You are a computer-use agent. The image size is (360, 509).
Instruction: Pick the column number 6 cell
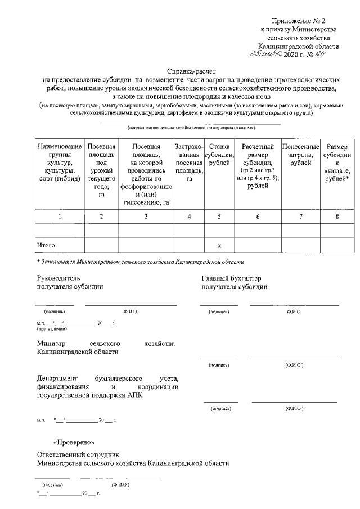click(x=258, y=216)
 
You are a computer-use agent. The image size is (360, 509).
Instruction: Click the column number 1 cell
click(x=60, y=216)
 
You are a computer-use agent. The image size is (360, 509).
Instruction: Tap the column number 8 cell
click(x=337, y=216)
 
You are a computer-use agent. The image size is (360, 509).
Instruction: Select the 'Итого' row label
click(x=46, y=245)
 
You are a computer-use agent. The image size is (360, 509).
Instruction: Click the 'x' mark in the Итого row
click(x=219, y=246)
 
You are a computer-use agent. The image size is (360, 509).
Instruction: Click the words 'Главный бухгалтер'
click(x=231, y=278)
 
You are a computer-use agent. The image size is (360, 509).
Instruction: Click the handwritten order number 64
click(x=319, y=55)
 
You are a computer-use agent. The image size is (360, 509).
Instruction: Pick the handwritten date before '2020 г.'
click(x=267, y=55)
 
